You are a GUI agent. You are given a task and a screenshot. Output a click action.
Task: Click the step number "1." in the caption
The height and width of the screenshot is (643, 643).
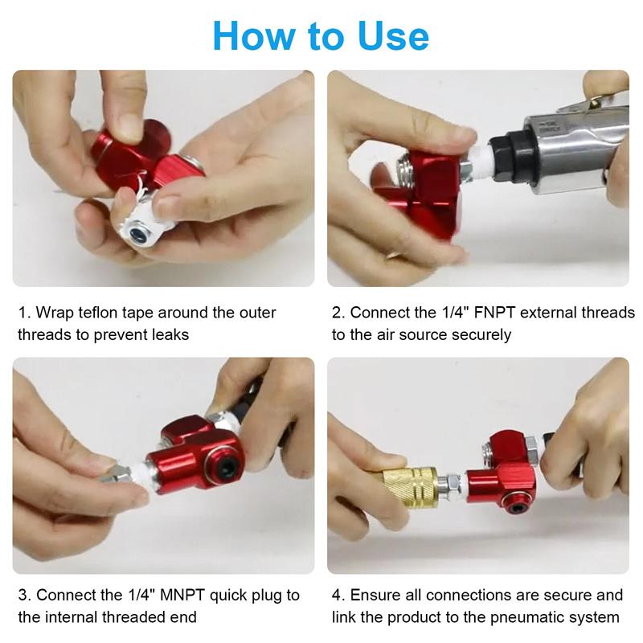click(x=24, y=313)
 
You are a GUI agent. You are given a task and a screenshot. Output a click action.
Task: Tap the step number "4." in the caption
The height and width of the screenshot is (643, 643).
click(x=338, y=596)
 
